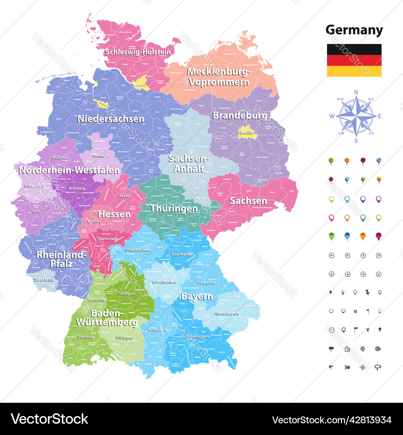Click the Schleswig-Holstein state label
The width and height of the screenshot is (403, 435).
click(x=138, y=52)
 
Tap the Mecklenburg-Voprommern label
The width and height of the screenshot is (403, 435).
click(x=219, y=77)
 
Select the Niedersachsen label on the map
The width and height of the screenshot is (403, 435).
click(x=110, y=119)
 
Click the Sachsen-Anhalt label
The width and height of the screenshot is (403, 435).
click(x=186, y=164)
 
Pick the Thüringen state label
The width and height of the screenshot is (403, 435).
click(x=174, y=208)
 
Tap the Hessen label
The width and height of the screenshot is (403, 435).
click(x=114, y=214)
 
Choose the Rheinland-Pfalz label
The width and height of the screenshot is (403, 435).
click(x=61, y=259)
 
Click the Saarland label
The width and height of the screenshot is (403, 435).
click(x=44, y=279)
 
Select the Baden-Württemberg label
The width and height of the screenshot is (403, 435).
click(x=108, y=318)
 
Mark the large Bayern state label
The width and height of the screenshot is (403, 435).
click(x=197, y=297)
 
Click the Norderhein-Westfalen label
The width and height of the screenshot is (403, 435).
click(x=69, y=170)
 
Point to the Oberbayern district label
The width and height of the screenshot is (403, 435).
click(x=198, y=336)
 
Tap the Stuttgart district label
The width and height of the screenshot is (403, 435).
click(x=127, y=294)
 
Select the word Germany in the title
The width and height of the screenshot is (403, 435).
click(x=354, y=30)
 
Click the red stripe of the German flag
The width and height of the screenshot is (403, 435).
click(x=354, y=60)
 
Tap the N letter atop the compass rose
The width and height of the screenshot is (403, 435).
click(x=356, y=92)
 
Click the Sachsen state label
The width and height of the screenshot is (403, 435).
click(x=248, y=201)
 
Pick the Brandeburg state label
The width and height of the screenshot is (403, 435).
click(x=240, y=116)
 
